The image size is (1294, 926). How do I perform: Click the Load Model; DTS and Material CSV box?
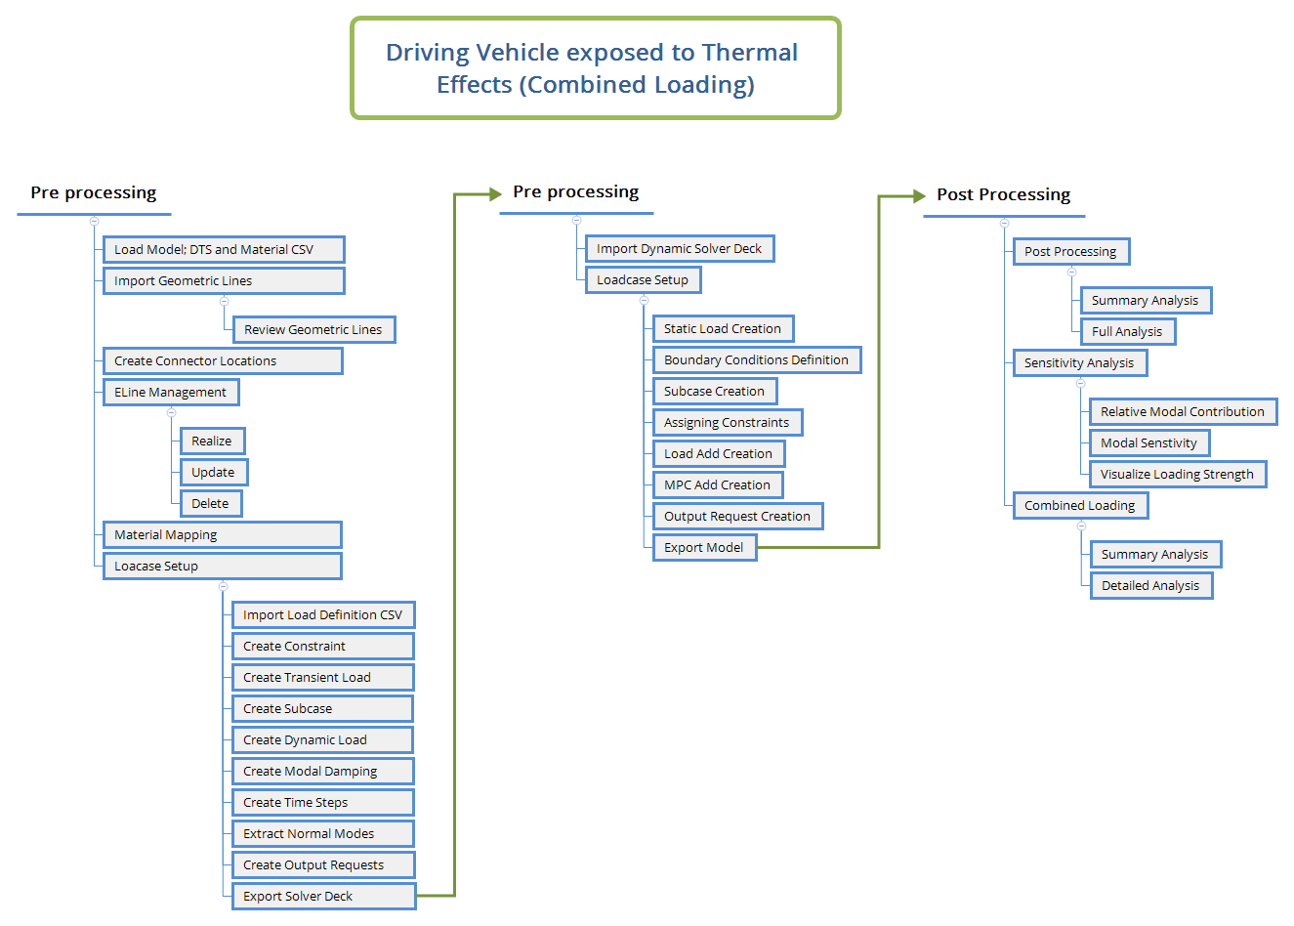click(224, 250)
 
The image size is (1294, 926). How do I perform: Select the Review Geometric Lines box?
click(313, 330)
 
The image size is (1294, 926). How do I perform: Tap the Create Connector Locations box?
click(223, 361)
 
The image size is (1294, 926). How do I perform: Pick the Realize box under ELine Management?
click(212, 442)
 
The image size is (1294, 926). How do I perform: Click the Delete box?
click(211, 504)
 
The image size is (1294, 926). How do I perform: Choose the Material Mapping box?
click(223, 535)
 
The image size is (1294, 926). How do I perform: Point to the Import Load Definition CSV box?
click(323, 615)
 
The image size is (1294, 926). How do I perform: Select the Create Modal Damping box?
click(323, 772)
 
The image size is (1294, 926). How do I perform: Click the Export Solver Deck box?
click(323, 897)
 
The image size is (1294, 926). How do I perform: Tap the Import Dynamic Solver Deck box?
click(680, 249)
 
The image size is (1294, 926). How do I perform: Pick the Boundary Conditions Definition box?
click(757, 360)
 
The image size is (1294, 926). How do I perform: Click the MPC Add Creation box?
click(718, 485)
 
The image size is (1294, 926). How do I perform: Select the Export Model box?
click(704, 548)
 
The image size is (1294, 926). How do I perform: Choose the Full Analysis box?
click(1128, 332)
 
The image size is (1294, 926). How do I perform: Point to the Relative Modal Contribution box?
click(1183, 412)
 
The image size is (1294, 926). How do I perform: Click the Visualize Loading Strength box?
click(1178, 475)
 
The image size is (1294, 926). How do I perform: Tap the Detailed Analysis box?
click(1151, 586)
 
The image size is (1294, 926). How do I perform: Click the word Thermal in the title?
click(750, 53)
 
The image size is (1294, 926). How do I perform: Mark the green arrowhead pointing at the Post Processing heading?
click(918, 195)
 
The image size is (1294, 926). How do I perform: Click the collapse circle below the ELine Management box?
click(171, 412)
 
